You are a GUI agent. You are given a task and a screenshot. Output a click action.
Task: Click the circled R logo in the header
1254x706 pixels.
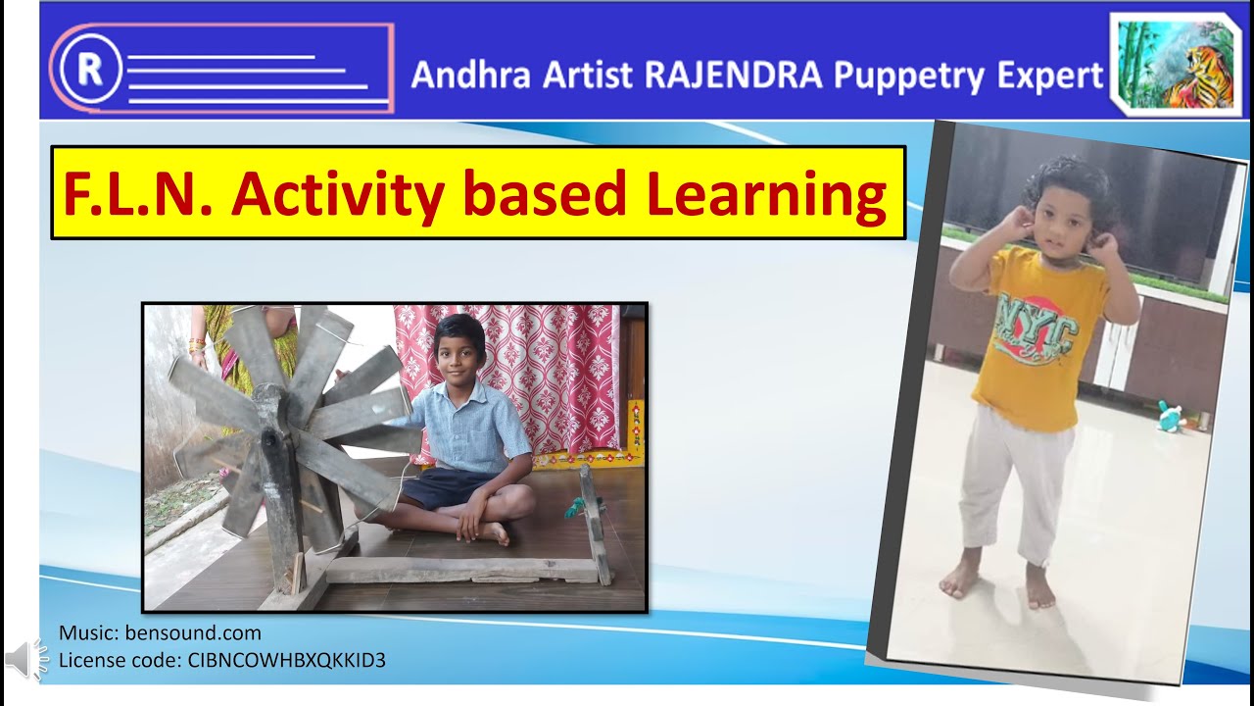coord(90,69)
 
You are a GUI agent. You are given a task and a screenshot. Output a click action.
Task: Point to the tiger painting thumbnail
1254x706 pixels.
coord(1176,65)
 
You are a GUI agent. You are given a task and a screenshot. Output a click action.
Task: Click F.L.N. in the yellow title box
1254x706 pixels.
coord(138,193)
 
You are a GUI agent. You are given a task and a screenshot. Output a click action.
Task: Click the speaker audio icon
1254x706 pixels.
coord(26,660)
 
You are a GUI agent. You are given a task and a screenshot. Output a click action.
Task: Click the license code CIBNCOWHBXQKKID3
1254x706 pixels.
coord(285,660)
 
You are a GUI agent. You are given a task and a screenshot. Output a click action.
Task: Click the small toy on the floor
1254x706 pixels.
coord(1170,417)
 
